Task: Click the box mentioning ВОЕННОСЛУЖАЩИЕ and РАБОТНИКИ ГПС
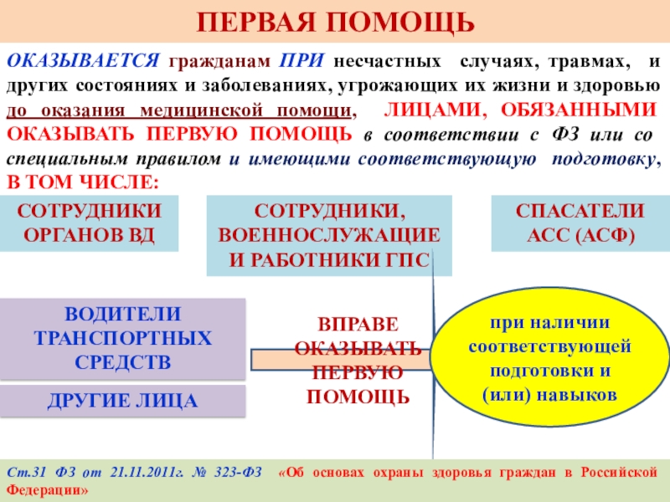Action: [328, 235]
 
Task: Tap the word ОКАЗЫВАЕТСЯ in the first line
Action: [83, 63]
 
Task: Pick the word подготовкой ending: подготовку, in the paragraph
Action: [603, 158]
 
